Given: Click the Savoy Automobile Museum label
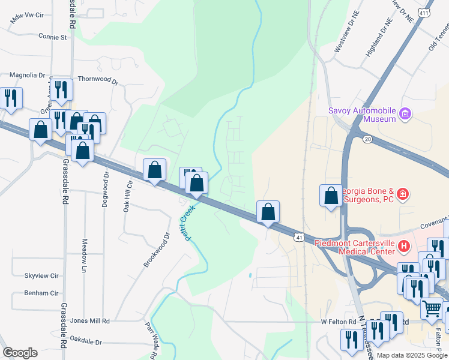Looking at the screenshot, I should tap(362, 114).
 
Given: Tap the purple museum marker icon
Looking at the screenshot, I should tap(405, 113).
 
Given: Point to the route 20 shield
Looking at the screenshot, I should tap(367, 139).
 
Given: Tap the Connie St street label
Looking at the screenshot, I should tap(52, 37).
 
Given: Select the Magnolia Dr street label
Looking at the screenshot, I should tap(27, 75).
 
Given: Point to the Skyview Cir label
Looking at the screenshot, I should tap(41, 275).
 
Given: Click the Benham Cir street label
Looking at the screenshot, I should tap(41, 293).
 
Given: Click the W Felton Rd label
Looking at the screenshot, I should tap(339, 322).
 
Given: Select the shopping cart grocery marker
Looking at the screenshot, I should tap(431, 308).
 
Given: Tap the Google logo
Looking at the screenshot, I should tap(20, 353).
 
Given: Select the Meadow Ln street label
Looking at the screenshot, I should tap(83, 253).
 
